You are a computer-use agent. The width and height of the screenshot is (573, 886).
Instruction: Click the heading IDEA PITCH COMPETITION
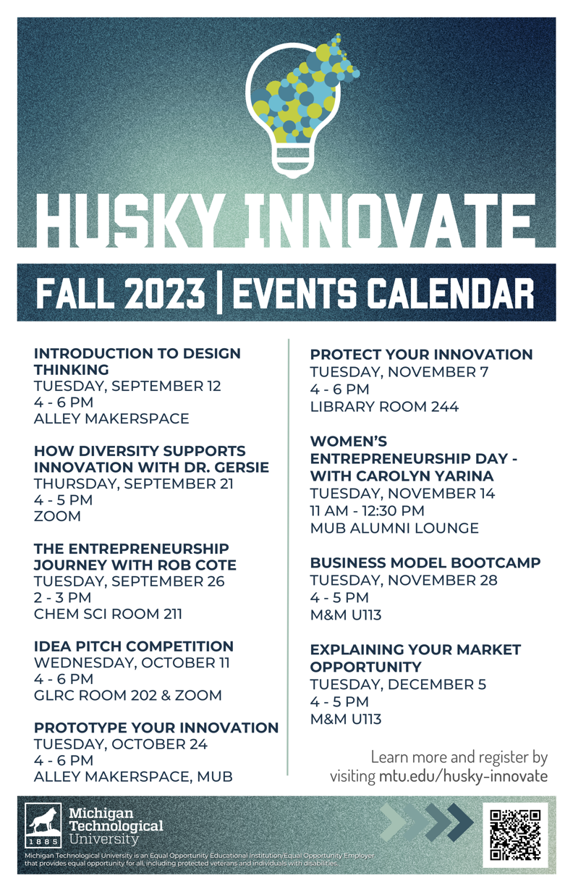[x=134, y=646]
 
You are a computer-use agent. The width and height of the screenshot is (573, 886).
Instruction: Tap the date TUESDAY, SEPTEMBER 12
[x=127, y=386]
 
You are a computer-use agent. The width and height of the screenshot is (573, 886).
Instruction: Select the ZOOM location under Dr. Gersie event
[x=57, y=516]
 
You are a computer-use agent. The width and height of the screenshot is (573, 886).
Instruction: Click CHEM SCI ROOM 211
[x=108, y=614]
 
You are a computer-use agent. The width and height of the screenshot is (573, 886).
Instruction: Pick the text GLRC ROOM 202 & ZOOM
[x=128, y=695]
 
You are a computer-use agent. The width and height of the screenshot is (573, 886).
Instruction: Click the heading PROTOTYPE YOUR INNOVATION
[x=156, y=727]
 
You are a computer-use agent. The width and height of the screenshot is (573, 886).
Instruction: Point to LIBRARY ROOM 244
[x=384, y=406]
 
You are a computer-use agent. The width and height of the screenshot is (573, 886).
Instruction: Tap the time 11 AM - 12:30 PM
[x=367, y=510]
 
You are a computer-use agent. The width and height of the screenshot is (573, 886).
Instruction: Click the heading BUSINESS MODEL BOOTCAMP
[x=425, y=562]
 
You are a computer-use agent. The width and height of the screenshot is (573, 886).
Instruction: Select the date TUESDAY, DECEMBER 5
[x=398, y=684]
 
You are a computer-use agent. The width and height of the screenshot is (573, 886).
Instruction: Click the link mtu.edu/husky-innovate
[x=463, y=777]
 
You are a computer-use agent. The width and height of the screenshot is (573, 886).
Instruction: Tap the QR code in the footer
[x=515, y=835]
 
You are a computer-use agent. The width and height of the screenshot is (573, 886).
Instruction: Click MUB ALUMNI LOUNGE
[x=394, y=528]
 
